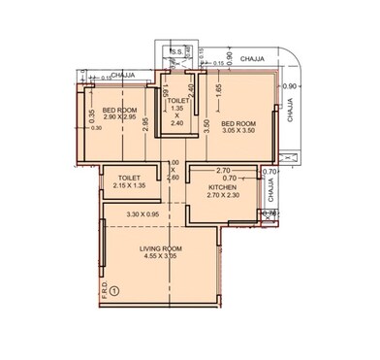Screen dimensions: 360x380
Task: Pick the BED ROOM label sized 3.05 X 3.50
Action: (x=238, y=123)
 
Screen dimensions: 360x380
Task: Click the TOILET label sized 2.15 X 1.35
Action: (x=130, y=178)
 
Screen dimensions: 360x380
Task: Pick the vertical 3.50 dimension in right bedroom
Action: (x=206, y=123)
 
